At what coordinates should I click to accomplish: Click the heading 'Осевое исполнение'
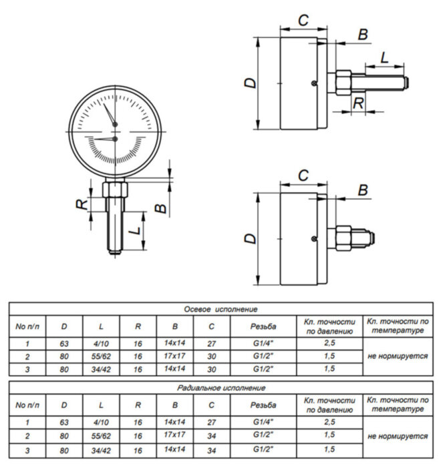coord(220,309)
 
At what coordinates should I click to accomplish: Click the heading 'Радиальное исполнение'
coord(220,388)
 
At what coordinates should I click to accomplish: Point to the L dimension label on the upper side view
coord(386,58)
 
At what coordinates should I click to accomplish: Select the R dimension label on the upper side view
coord(359,103)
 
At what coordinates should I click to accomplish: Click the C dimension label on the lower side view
coord(303,175)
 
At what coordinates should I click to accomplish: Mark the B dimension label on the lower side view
coord(362,190)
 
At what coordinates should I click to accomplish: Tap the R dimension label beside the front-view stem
coord(82,203)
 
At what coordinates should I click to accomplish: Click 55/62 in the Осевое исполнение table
coord(101,356)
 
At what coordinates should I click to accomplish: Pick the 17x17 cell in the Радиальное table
coord(174,436)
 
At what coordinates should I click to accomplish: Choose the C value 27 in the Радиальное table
coord(211,422)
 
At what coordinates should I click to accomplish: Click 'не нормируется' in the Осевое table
coord(398,356)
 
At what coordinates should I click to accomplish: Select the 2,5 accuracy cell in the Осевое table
coord(329,343)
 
